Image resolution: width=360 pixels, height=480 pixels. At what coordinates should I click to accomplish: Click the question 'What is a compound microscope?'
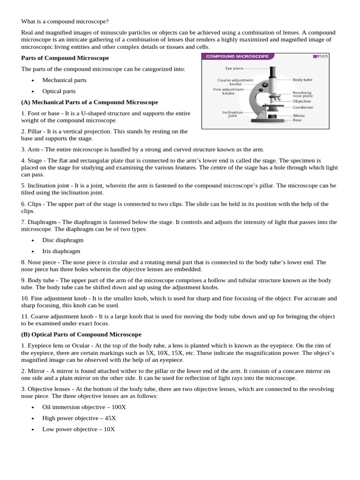(x=65, y=22)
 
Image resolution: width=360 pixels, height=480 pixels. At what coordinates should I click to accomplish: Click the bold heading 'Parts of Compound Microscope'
(x=65, y=58)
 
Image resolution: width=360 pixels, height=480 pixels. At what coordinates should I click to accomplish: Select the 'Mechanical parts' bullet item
(x=64, y=80)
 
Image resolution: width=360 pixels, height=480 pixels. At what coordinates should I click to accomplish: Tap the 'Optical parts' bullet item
(x=59, y=91)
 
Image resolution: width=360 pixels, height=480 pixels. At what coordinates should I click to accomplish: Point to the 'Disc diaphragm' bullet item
(x=63, y=240)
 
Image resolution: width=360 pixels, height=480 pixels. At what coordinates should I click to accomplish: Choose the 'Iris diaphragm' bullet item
(x=61, y=251)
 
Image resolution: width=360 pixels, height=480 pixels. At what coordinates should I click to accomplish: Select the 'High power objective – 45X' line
(x=79, y=418)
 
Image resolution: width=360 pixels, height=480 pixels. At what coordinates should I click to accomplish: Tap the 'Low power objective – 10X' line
(x=78, y=429)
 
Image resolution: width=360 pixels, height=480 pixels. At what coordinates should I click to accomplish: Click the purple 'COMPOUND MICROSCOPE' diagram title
(x=237, y=56)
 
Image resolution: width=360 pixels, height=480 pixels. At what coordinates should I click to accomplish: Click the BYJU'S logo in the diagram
(x=321, y=56)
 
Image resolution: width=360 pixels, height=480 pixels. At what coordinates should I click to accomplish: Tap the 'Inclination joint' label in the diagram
(x=232, y=114)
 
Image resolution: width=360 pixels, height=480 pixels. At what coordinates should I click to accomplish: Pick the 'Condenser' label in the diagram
(x=303, y=107)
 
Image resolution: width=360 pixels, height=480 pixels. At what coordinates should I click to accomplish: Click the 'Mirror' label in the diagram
(x=299, y=115)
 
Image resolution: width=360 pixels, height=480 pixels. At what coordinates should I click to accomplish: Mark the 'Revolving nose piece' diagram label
(x=302, y=94)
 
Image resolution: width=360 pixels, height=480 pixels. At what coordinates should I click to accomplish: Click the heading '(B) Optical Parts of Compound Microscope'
(x=81, y=335)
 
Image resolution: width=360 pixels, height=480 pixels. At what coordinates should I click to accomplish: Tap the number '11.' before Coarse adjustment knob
(x=25, y=316)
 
